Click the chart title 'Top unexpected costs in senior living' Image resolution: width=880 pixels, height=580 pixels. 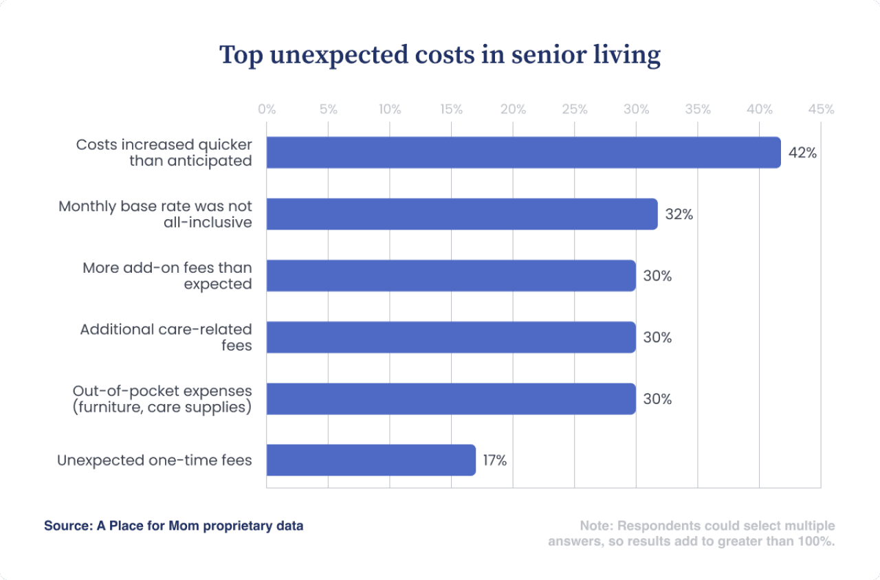pyautogui.click(x=440, y=56)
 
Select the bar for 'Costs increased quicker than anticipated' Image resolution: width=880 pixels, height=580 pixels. pyautogui.click(x=523, y=153)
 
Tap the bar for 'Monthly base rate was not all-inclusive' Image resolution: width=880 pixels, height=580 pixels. pyautogui.click(x=461, y=214)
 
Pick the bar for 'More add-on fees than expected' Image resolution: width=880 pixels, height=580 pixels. pyautogui.click(x=450, y=276)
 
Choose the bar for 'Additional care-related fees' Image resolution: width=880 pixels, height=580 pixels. pyautogui.click(x=450, y=337)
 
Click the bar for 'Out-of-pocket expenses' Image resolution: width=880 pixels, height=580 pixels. pyautogui.click(x=450, y=399)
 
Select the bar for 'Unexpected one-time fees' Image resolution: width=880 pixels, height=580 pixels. pyautogui.click(x=371, y=460)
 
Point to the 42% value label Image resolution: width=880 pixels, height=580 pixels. pyautogui.click(x=802, y=153)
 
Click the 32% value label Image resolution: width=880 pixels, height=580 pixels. pyautogui.click(x=679, y=214)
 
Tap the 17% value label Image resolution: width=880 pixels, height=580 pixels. pyautogui.click(x=494, y=460)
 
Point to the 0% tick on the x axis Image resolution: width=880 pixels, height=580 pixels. pyautogui.click(x=267, y=109)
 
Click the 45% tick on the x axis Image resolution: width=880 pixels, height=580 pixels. pyautogui.click(x=821, y=109)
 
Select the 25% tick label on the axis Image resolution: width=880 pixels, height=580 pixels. pyautogui.click(x=575, y=109)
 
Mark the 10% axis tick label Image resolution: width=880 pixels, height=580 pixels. pyautogui.click(x=390, y=109)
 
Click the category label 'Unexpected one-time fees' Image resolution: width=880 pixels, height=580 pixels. pyautogui.click(x=155, y=460)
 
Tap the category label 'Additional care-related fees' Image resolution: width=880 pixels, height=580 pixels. pyautogui.click(x=166, y=337)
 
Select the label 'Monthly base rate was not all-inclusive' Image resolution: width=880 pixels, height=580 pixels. pyautogui.click(x=155, y=214)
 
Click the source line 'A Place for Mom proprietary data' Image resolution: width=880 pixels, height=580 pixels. pyautogui.click(x=174, y=526)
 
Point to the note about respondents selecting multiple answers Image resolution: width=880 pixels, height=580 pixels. pyautogui.click(x=692, y=533)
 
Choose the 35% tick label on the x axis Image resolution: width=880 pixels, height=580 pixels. pyautogui.click(x=698, y=109)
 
